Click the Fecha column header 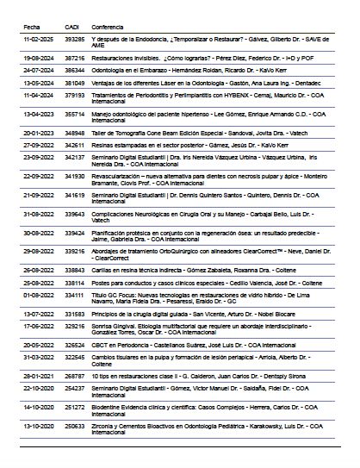pyautogui.click(x=30, y=26)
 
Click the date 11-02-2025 pyautogui.click(x=38, y=41)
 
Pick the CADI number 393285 pyautogui.click(x=75, y=41)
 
